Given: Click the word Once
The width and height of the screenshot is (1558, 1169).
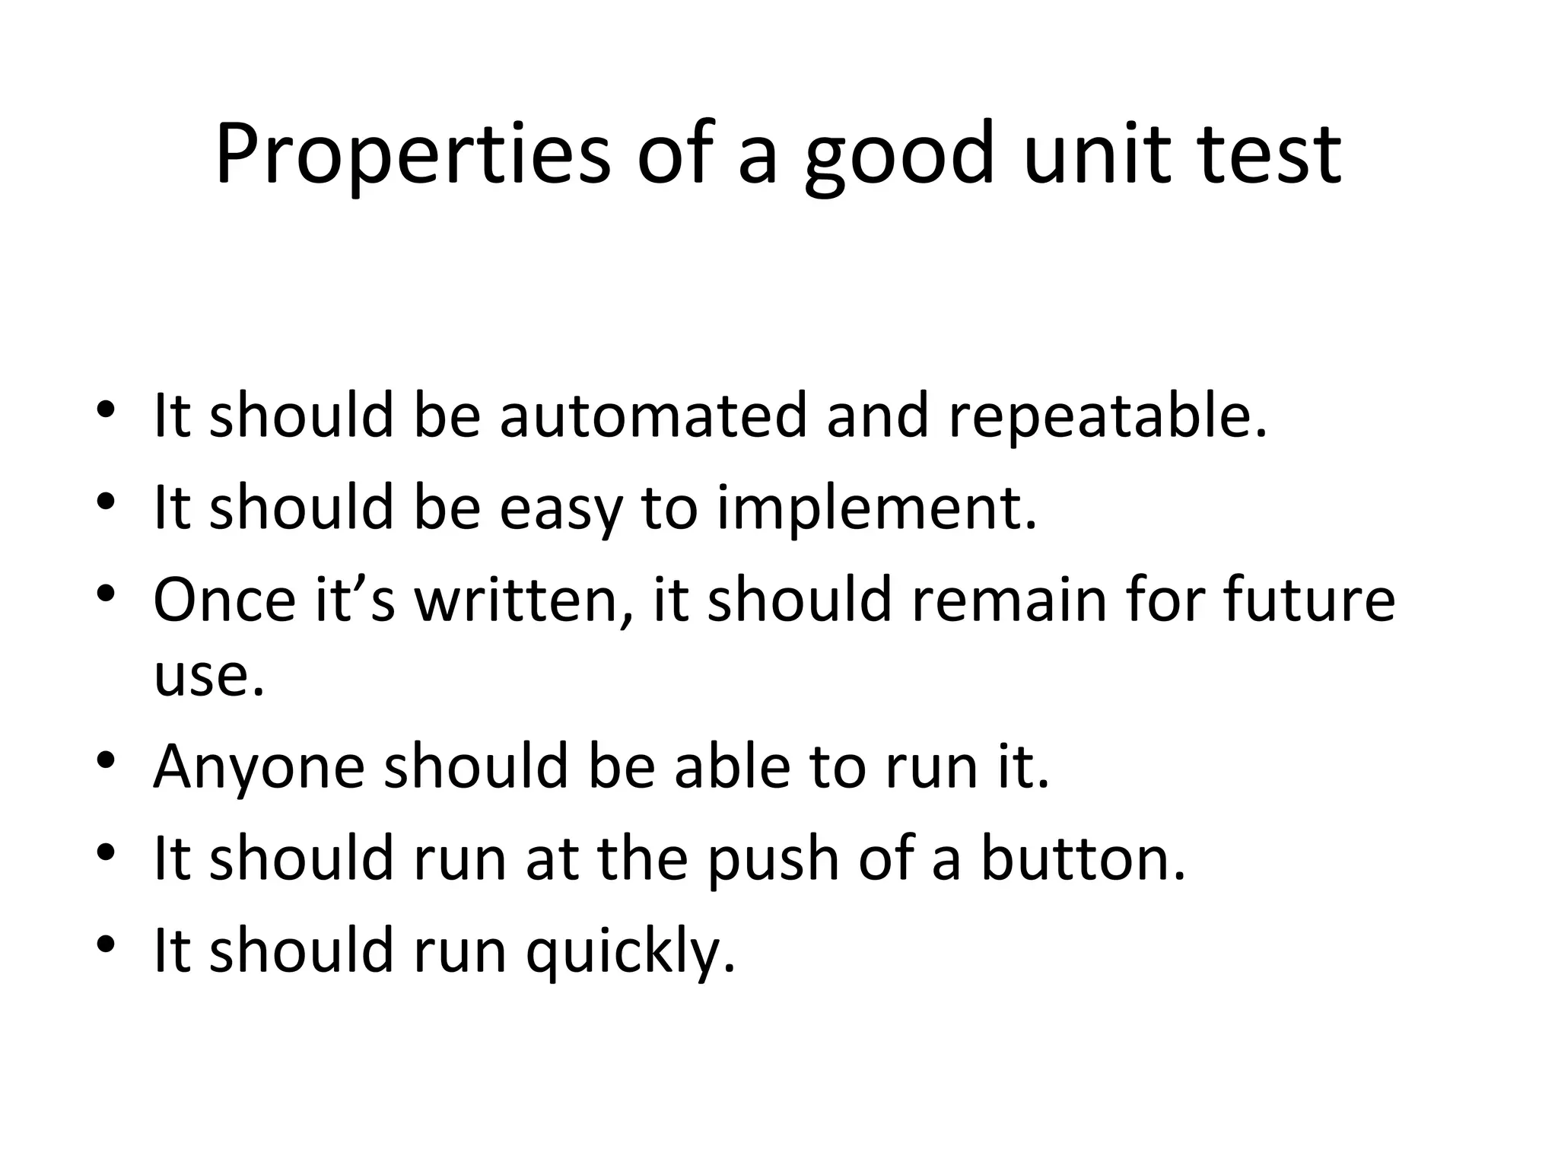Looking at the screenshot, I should tap(224, 599).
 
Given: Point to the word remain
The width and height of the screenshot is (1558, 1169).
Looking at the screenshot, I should tap(1009, 599).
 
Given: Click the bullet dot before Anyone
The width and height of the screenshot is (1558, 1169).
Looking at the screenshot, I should tap(107, 761).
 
